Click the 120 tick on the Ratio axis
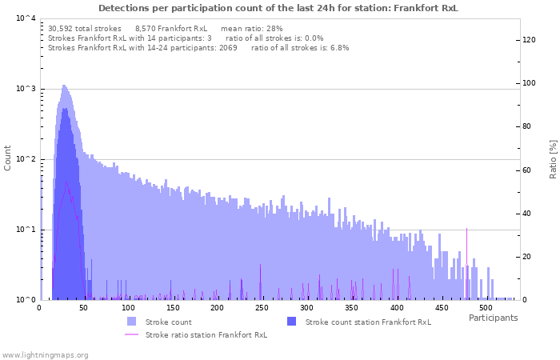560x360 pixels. coord(530,40)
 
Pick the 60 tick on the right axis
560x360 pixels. coord(527,170)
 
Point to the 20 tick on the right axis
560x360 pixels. coord(527,257)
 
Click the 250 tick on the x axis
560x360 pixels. coord(262,308)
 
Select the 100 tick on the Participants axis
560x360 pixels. coord(128,308)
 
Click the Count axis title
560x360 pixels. coord(8,158)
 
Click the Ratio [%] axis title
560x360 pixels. coord(553,158)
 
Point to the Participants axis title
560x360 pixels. coord(493,318)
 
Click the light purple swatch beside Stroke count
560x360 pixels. coord(132,322)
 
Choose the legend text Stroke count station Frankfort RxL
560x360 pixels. coord(368,322)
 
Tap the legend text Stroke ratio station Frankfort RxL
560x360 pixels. coord(206,334)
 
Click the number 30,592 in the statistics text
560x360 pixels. coord(62,28)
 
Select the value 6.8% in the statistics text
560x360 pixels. coord(339,48)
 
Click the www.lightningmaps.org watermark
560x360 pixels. coord(46,354)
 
